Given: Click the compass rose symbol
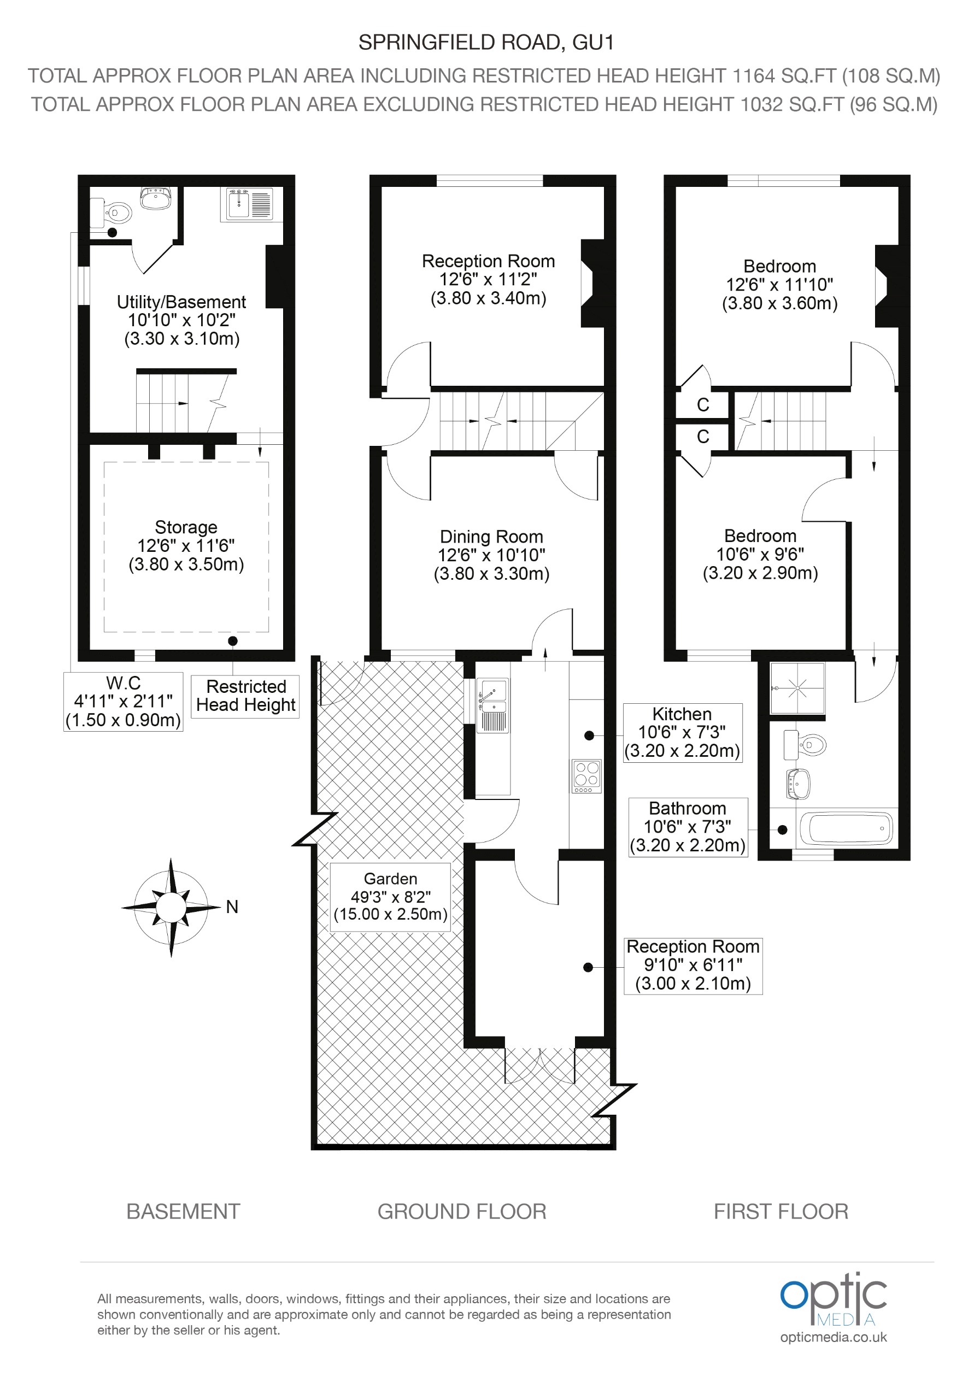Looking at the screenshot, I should [x=171, y=908].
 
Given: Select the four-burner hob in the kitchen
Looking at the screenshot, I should [x=586, y=776].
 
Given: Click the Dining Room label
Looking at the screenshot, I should [x=491, y=555].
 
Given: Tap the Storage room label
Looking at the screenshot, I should [x=186, y=545].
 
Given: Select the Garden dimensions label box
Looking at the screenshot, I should [x=390, y=897].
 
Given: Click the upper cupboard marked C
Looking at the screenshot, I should [x=703, y=405].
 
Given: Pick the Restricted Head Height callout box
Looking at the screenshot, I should [x=246, y=696].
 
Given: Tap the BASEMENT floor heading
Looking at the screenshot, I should [x=183, y=1211].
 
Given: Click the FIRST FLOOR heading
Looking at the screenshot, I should [x=781, y=1211].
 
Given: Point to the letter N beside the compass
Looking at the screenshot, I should [x=232, y=908].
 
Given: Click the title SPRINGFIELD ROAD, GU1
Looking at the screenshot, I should [x=486, y=43].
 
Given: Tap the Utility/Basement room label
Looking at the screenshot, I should [x=181, y=320].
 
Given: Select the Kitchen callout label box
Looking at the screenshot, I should [x=683, y=732].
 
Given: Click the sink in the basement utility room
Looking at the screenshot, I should [x=249, y=203].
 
